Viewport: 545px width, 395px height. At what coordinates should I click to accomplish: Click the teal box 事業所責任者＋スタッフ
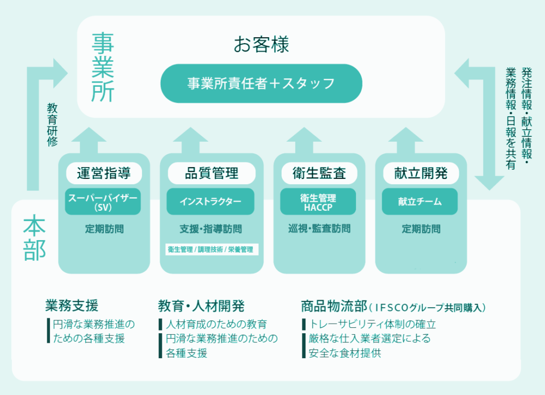point(261,84)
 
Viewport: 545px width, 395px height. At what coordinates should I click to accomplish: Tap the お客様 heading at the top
point(261,45)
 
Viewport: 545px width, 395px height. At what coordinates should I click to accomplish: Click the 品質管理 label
point(211,173)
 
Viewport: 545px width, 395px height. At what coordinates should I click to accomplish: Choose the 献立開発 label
point(420,173)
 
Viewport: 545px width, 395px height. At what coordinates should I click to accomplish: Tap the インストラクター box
point(210,202)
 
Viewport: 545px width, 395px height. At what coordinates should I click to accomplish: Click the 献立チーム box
point(420,202)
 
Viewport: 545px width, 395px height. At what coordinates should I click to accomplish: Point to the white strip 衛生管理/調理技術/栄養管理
point(211,249)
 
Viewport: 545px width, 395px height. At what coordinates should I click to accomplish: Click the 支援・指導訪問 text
point(211,229)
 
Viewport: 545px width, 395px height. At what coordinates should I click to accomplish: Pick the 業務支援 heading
point(72,306)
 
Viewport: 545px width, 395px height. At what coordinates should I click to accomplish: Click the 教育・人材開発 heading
point(201,306)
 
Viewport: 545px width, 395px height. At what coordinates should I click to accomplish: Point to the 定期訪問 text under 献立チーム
point(420,229)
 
